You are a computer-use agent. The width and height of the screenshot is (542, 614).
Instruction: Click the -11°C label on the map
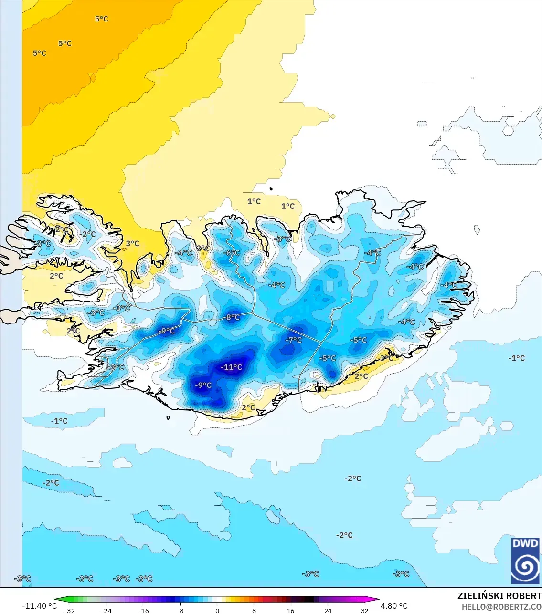tap(232, 367)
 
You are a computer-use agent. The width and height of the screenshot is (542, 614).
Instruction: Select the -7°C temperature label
tap(294, 340)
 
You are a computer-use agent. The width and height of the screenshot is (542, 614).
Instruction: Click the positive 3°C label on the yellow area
tap(133, 243)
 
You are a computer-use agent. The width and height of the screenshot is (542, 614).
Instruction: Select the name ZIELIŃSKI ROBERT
tap(499, 596)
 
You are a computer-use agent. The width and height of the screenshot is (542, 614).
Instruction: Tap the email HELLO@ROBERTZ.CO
tap(501, 607)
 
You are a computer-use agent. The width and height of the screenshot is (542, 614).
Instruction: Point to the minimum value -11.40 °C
tap(39, 606)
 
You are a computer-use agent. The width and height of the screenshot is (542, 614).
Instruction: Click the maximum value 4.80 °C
tap(394, 606)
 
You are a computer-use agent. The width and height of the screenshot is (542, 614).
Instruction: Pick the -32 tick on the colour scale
tap(69, 610)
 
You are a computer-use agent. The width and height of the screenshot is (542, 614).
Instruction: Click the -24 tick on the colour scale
tap(106, 610)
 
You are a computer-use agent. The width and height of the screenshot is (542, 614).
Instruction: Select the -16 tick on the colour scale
tap(143, 610)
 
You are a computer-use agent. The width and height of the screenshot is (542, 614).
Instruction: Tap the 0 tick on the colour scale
tap(217, 610)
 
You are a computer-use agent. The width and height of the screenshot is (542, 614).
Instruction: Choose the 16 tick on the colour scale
tap(291, 610)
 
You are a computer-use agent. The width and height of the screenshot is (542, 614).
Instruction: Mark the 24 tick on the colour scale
tap(328, 610)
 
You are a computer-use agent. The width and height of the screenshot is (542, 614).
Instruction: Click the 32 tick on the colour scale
tap(365, 610)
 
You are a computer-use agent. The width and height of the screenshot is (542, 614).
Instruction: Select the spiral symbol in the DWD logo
tap(525, 567)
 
